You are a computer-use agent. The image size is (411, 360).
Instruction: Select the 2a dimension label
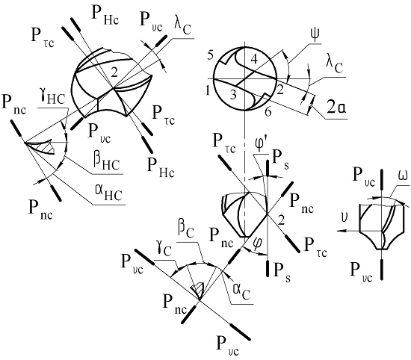coord(336,107)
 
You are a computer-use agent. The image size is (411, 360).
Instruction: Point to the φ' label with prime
coord(261,145)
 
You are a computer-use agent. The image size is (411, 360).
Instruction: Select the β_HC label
coord(107,161)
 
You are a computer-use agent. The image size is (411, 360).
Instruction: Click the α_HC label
coord(109,193)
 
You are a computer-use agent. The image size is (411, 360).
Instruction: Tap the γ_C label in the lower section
coord(165,249)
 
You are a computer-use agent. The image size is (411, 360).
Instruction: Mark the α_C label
coord(241,291)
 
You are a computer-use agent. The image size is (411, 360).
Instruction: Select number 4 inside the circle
coord(254,60)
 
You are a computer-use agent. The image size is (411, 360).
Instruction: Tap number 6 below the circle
coord(268,112)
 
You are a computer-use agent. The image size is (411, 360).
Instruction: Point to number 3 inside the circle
coord(232,94)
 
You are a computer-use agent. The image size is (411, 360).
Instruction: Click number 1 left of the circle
coord(208,91)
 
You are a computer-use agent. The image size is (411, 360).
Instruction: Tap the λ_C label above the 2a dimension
coord(335,65)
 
